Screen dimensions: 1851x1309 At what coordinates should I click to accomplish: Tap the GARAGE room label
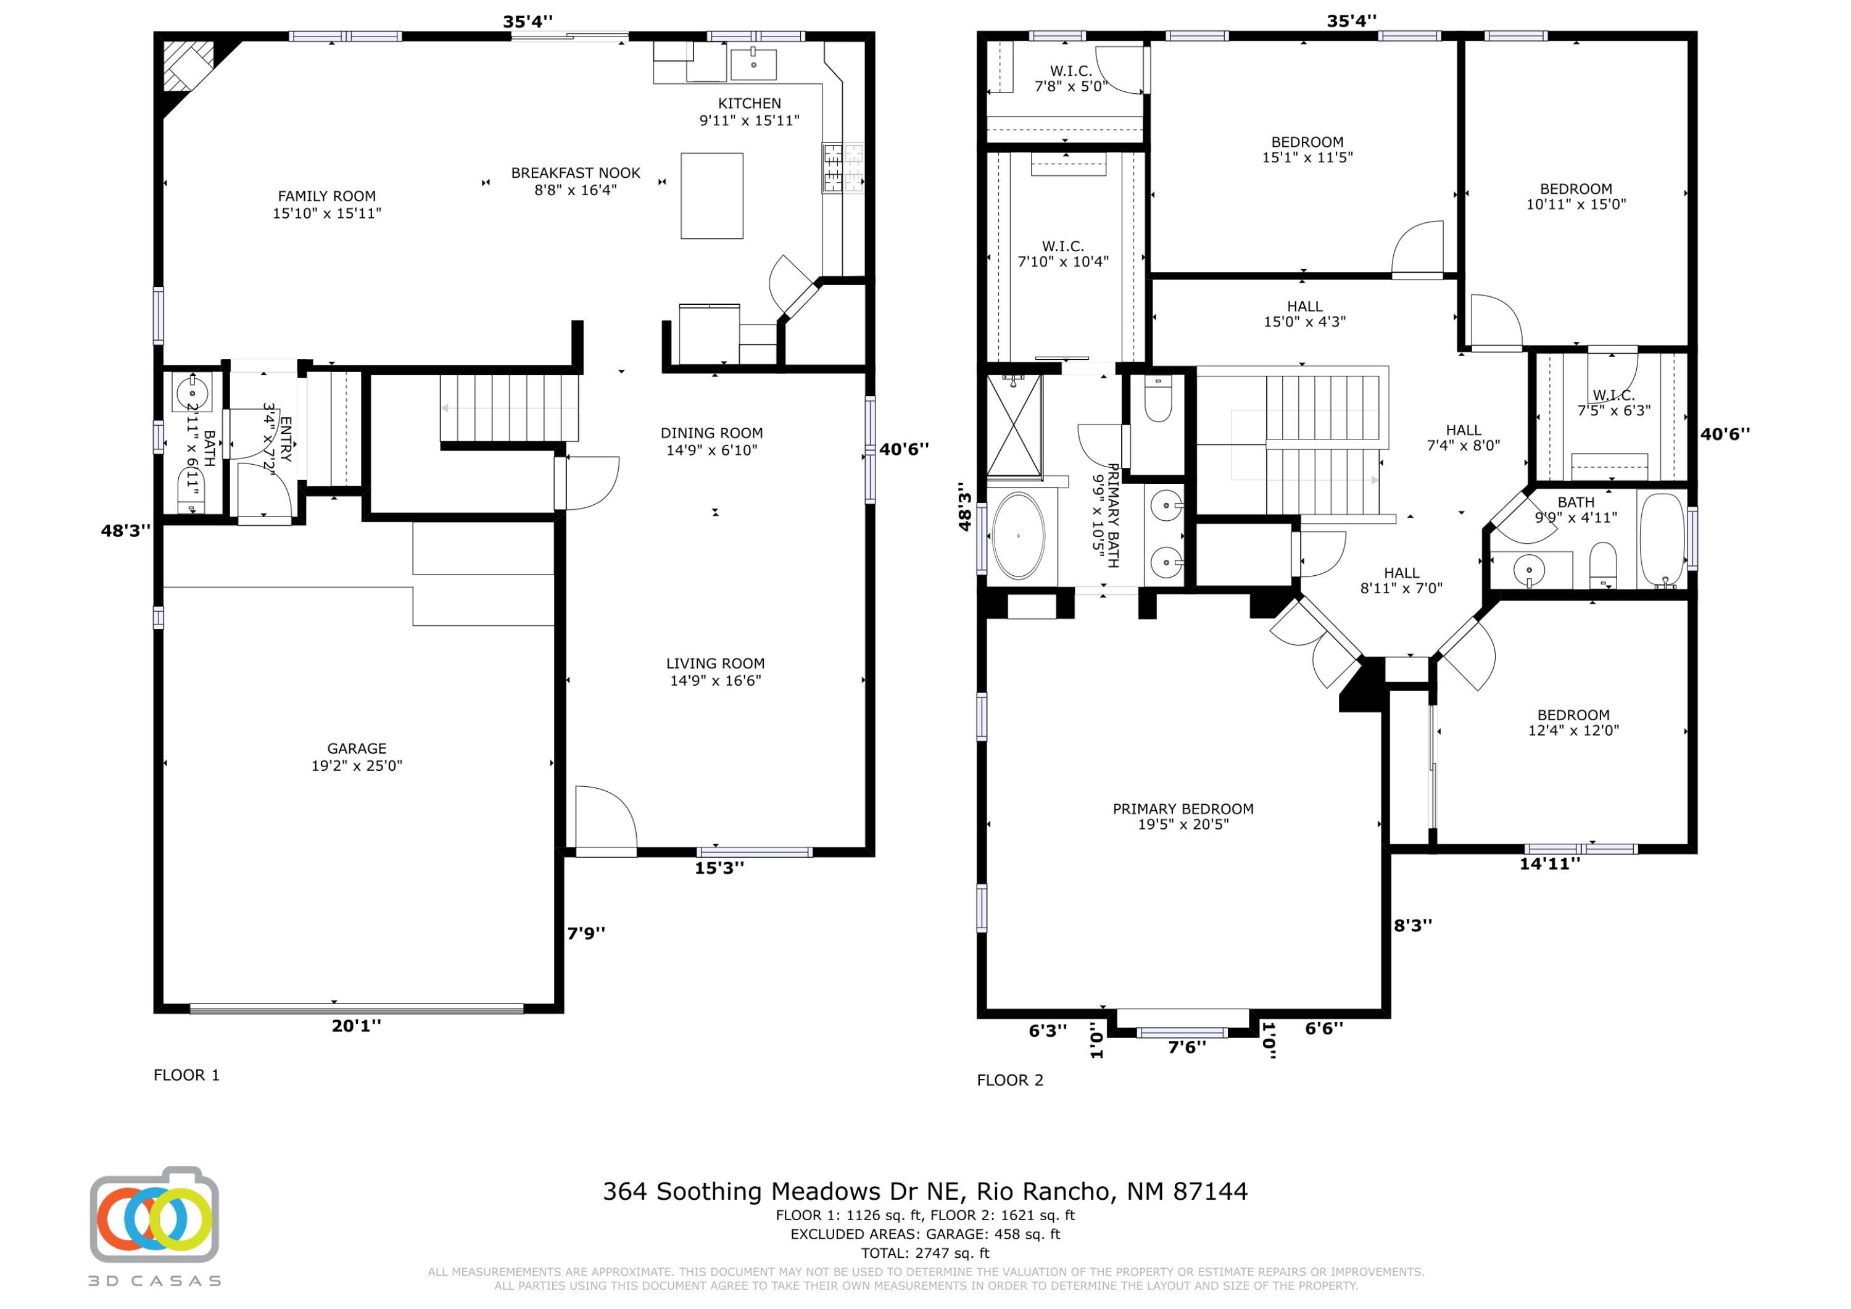pyautogui.click(x=357, y=749)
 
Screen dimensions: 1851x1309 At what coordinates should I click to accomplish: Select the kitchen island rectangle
pyautogui.click(x=712, y=196)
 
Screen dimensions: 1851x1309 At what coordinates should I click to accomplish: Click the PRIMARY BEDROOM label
pyautogui.click(x=1183, y=809)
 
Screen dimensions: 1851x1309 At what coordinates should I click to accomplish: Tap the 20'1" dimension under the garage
pyautogui.click(x=357, y=1026)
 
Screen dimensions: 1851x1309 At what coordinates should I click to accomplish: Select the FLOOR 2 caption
pyautogui.click(x=1010, y=1080)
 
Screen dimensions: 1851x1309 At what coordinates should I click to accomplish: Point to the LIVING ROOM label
pyautogui.click(x=715, y=664)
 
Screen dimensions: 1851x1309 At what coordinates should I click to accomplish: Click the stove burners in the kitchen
pyautogui.click(x=842, y=168)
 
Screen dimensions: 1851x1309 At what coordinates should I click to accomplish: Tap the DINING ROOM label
pyautogui.click(x=712, y=433)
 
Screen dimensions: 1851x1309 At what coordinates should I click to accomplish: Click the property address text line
pyautogui.click(x=925, y=1191)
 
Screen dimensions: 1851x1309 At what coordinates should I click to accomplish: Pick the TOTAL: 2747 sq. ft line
pyautogui.click(x=925, y=1253)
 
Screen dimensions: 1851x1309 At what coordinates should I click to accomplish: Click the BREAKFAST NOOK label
pyautogui.click(x=576, y=173)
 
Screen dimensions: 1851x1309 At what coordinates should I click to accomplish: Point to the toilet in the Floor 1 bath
pyautogui.click(x=192, y=491)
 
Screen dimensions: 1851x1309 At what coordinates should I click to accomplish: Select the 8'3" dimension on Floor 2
pyautogui.click(x=1414, y=926)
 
